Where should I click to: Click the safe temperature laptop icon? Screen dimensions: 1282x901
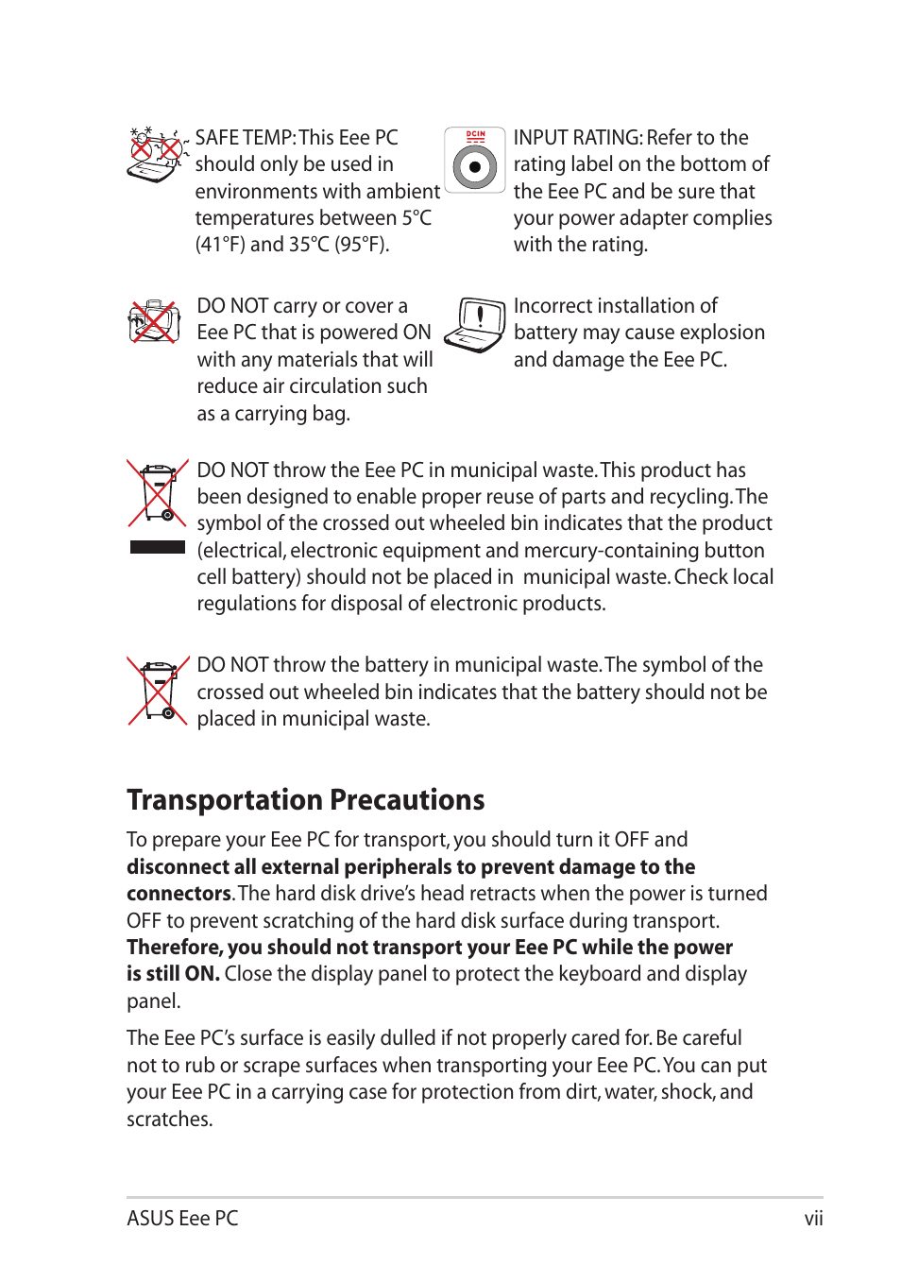click(x=156, y=154)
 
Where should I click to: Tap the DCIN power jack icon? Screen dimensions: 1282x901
click(x=475, y=161)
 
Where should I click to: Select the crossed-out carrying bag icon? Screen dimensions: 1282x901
click(x=154, y=322)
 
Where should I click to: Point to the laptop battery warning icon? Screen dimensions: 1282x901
click(x=475, y=325)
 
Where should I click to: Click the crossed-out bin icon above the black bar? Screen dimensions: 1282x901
click(x=158, y=492)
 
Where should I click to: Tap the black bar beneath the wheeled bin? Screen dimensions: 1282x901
click(x=158, y=547)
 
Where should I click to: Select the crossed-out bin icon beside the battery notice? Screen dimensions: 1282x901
click(x=158, y=690)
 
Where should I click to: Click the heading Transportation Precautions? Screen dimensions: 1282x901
click(x=305, y=800)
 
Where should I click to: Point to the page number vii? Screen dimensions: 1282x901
click(x=813, y=1219)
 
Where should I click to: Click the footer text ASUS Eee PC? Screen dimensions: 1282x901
click(x=182, y=1219)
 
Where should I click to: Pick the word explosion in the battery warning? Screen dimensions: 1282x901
click(x=721, y=333)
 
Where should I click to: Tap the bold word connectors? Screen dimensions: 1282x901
click(x=178, y=894)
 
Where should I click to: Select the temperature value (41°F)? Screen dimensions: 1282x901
click(x=220, y=245)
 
